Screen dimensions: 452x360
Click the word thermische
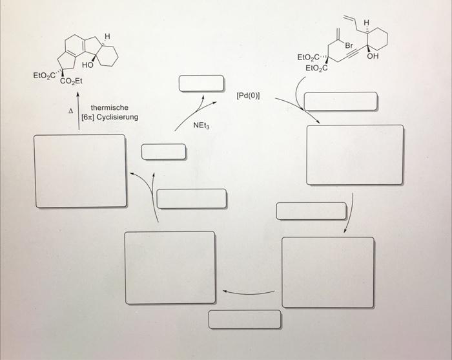coord(110,107)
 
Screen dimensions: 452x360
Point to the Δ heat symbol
coord(72,111)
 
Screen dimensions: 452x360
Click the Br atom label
coord(349,46)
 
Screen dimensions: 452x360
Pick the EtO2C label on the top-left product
coord(46,76)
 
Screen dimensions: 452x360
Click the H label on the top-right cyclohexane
coord(367,23)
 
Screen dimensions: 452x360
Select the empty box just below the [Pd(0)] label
coord(340,101)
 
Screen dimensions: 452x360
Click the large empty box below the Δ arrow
coord(81,171)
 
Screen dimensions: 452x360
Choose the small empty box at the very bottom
coord(245,319)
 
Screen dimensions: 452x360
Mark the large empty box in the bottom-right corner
coord(328,272)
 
